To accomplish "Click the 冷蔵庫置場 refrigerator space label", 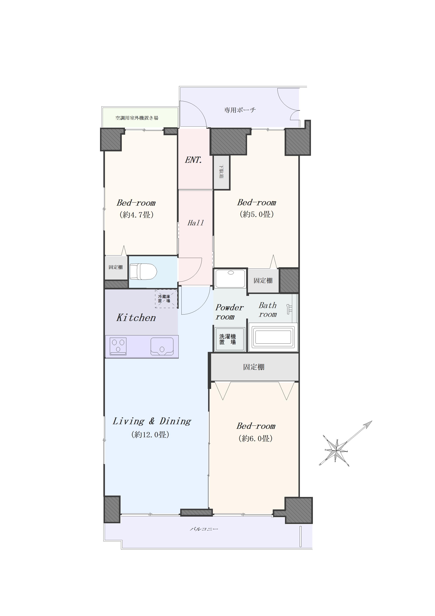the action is (164, 299).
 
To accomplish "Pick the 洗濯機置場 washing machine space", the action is (228, 339).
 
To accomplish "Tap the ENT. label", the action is (193, 160).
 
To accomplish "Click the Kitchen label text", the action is (136, 318).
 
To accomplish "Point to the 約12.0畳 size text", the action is (150, 435).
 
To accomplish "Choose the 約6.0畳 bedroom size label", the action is (255, 438).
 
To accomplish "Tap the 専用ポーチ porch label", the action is (240, 110).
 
